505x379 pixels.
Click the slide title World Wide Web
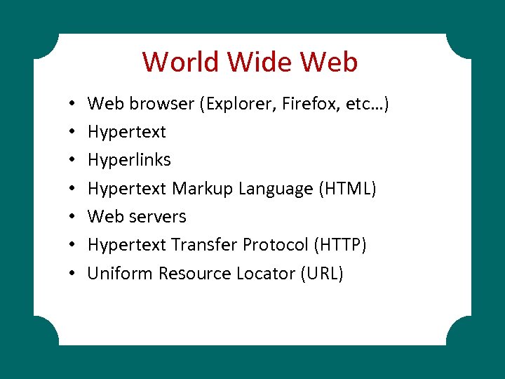coord(250,62)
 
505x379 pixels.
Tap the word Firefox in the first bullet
coord(309,104)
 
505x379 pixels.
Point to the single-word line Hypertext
coord(126,132)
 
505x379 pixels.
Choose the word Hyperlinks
coord(129,160)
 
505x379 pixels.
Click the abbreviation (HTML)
coord(347,188)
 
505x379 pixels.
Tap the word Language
coord(276,188)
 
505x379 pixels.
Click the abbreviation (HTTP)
coord(340,244)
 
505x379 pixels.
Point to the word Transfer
coord(205,244)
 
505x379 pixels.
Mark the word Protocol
coord(276,244)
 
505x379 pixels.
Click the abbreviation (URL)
coord(321,273)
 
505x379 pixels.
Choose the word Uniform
coord(120,273)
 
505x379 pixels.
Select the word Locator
coord(262,273)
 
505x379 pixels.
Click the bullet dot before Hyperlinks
coord(73,161)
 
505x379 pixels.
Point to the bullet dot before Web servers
coord(73,217)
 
